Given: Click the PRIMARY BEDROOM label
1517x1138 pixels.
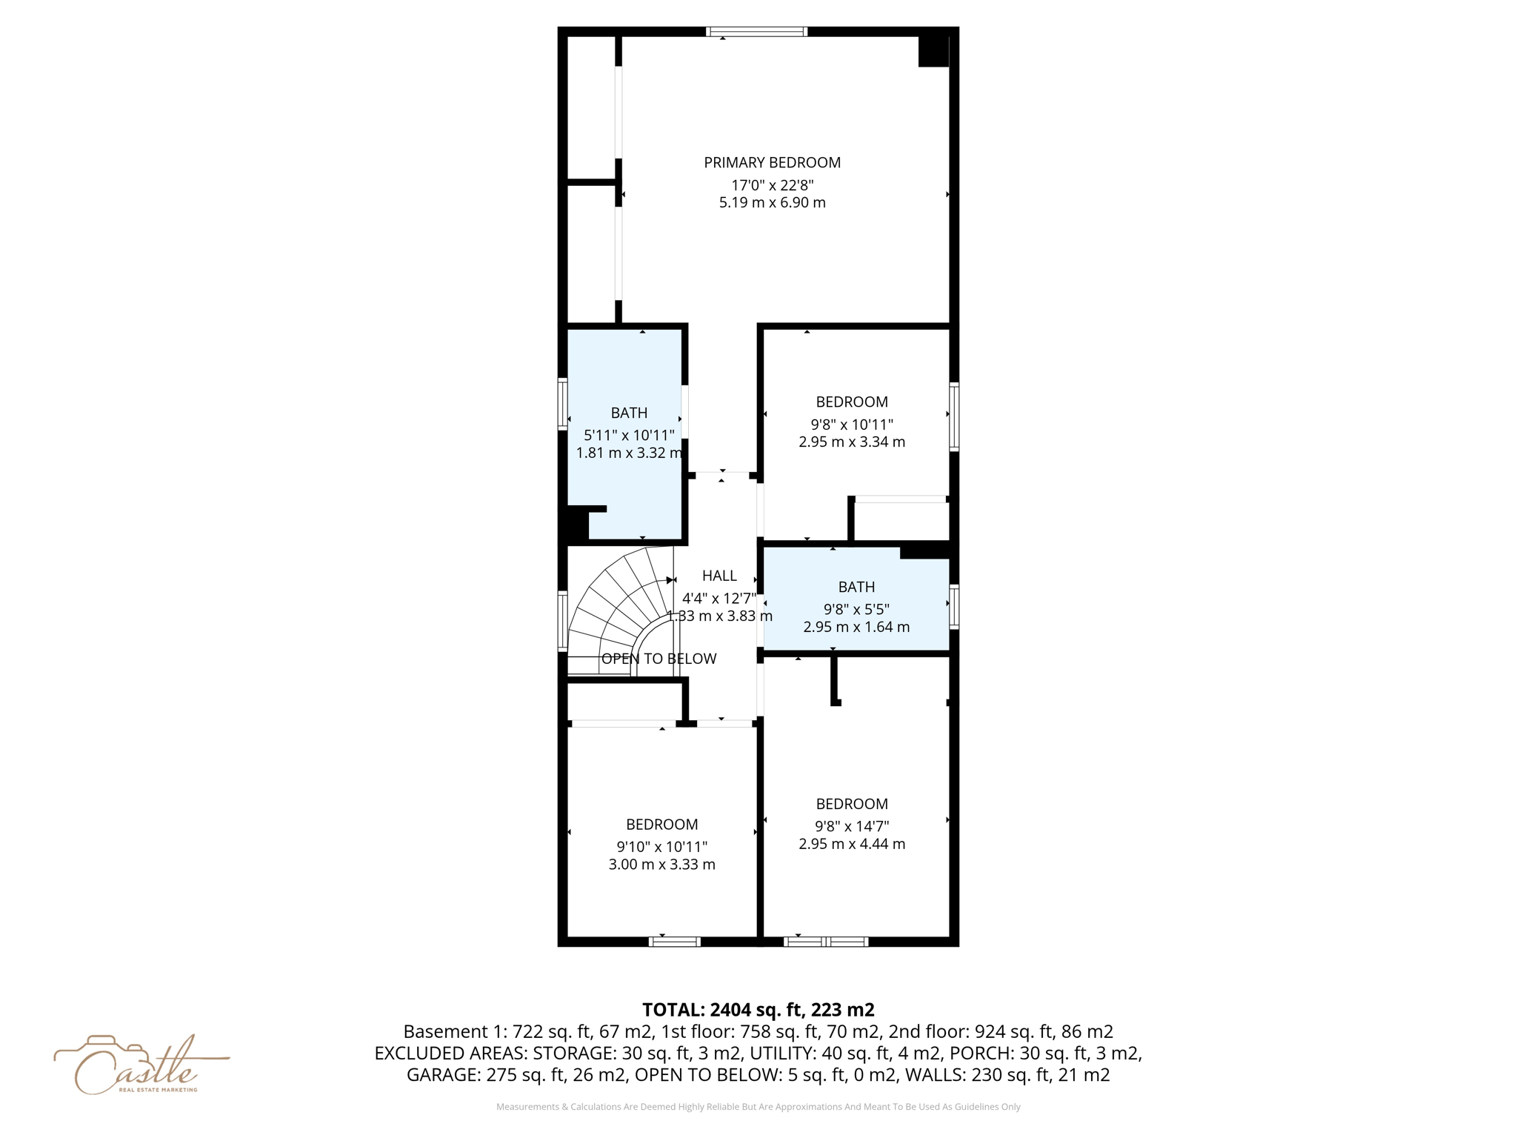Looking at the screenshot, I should coord(772,162).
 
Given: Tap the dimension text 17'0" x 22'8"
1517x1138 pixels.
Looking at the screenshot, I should coord(772,185).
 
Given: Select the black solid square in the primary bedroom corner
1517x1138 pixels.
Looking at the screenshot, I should coord(933,51).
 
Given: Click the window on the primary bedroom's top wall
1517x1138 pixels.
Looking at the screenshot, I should coord(756,32).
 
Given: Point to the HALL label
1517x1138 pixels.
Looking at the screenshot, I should coord(719,576).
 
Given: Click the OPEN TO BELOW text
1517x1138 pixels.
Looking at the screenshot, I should coord(659,659).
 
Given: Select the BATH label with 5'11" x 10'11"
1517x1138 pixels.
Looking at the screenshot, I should coord(629,413).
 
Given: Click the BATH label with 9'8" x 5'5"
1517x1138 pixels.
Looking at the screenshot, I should coord(856,587).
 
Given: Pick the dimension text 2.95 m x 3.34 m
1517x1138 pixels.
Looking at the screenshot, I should coord(852,442).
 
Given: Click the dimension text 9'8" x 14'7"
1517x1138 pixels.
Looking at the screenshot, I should coord(852,826).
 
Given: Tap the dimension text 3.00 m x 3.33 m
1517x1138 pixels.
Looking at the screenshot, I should coord(661,865).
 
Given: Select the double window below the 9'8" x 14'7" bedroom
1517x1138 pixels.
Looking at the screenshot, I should coord(826,942).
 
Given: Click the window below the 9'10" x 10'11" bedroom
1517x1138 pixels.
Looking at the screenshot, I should coord(675,942).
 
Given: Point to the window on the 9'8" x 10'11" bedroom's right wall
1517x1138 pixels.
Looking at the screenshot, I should coord(954,416).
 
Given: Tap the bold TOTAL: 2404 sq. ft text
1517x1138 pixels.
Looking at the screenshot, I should coord(758,1010).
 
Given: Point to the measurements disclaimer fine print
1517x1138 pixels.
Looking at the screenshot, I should coord(758,1107).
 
